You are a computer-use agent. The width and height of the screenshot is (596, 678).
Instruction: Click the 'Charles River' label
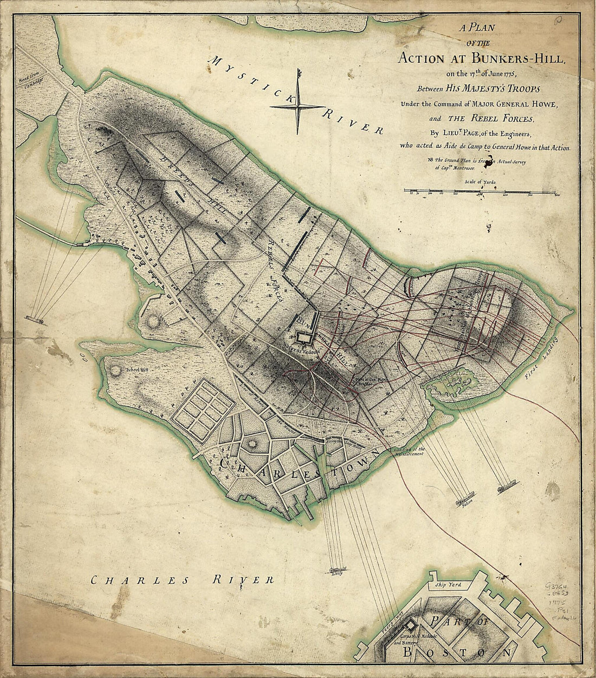(182, 581)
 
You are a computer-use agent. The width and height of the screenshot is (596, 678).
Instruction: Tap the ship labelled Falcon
(466, 496)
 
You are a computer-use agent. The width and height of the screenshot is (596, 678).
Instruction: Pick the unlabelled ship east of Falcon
(507, 486)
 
